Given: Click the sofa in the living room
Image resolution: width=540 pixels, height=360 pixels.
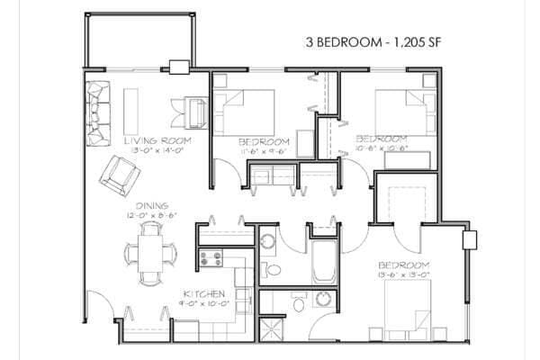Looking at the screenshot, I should click(96, 112).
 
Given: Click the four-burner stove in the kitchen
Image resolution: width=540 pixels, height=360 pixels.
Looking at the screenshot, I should click(211, 260).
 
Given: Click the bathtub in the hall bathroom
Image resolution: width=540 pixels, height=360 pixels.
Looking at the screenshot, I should click(322, 259).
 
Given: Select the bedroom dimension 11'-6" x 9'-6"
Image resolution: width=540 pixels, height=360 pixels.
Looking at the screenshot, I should click(264, 150).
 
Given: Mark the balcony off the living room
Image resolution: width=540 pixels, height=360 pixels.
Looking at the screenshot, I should click(139, 40).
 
